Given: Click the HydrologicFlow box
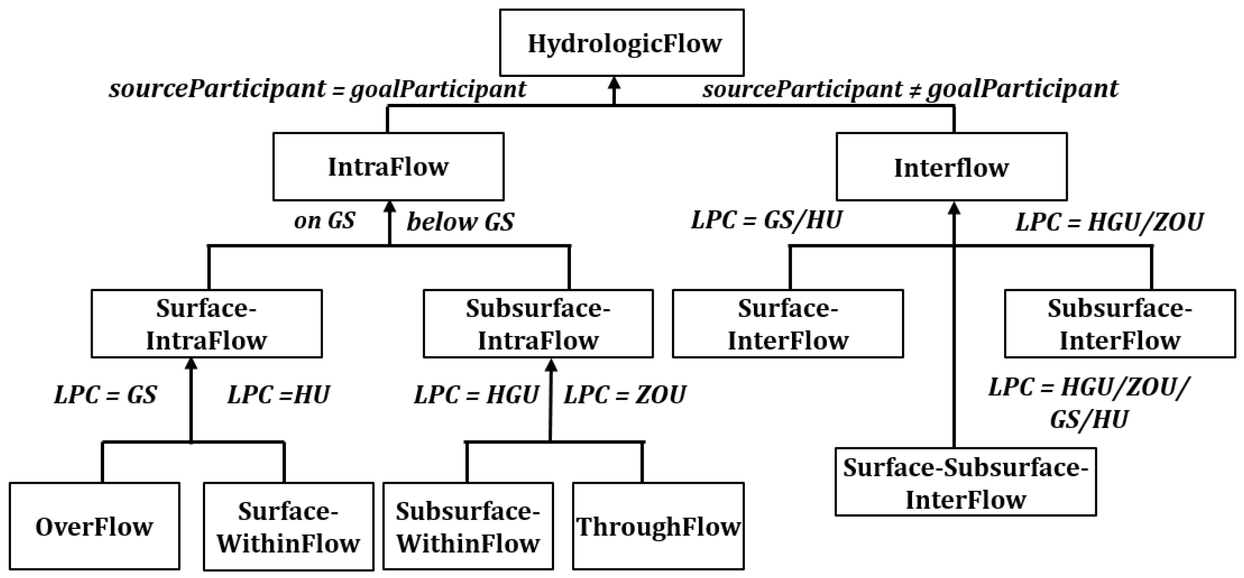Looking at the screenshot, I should pos(622,43).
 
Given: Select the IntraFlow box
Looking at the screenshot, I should pos(388,167).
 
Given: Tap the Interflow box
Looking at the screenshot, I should pos(951,167).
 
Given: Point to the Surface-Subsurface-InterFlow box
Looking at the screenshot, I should pos(965,482).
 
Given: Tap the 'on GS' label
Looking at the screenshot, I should pos(324,221).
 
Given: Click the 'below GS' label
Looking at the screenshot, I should pos(460,222).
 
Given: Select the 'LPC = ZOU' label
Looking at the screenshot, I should pos(624,395).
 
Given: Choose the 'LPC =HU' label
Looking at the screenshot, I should pos(279,395).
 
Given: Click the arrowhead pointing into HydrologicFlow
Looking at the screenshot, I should pos(614,83).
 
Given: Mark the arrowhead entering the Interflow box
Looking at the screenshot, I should pos(954,208).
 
